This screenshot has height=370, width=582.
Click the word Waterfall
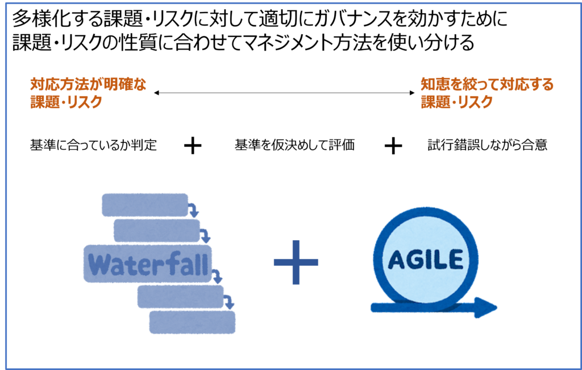149,265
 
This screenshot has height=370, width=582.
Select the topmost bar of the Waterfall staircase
144,205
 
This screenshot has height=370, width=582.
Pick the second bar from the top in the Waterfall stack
156,231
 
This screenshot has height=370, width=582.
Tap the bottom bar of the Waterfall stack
192,322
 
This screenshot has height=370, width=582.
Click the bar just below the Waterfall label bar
180,297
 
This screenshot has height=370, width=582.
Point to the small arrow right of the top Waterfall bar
194,210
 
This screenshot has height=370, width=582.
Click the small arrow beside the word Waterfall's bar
217,277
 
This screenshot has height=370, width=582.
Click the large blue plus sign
296,262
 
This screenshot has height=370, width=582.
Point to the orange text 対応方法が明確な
88,85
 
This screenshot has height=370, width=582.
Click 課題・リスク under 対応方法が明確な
66,102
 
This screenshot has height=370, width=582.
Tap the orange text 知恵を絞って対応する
487,85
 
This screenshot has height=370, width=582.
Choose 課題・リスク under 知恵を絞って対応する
456,102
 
